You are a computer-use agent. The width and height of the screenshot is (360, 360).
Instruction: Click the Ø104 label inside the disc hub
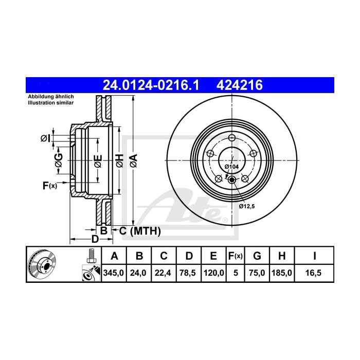(232, 167)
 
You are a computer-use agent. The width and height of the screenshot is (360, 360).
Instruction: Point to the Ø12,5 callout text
(247, 206)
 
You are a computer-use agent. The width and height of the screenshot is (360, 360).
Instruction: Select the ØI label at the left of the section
(45, 137)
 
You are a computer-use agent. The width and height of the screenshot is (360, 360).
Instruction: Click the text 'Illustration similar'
(50, 103)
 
